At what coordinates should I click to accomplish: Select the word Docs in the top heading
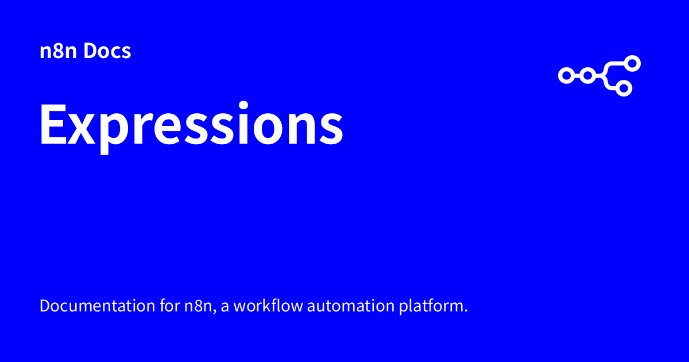point(107,52)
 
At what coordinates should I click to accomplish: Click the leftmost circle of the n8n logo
point(566,75)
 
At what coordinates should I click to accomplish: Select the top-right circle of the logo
point(632,63)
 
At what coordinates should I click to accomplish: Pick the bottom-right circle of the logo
point(625,88)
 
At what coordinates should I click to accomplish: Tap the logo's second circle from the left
point(587,75)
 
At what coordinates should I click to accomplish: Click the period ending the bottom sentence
point(466,311)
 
